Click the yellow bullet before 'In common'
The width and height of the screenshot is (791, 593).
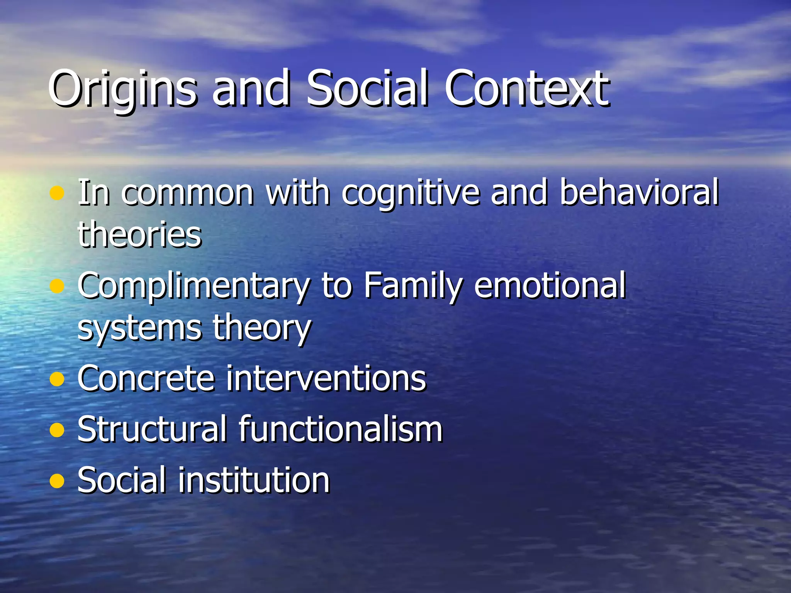tap(57, 193)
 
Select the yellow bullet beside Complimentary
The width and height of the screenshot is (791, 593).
tap(57, 286)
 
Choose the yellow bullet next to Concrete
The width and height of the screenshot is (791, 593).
tap(57, 380)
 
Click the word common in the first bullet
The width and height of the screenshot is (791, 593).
tap(188, 193)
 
